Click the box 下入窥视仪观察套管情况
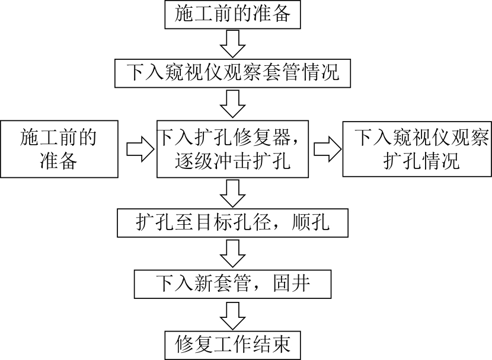[232, 73]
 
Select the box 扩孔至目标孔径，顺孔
[232, 222]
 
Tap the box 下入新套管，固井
[232, 283]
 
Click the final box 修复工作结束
[232, 345]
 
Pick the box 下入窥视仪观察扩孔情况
[417, 149]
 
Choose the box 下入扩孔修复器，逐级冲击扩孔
[232, 149]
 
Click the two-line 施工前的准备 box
[59, 149]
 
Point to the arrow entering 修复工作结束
[232, 315]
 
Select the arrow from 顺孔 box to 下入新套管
[232, 254]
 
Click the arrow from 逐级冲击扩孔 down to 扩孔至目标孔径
[232, 193]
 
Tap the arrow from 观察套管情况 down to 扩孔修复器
[232, 104]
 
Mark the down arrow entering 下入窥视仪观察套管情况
[232, 44]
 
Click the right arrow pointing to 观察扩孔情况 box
[328, 149]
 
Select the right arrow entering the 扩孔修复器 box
[140, 149]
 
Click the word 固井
[292, 283]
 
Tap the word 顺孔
[311, 222]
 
